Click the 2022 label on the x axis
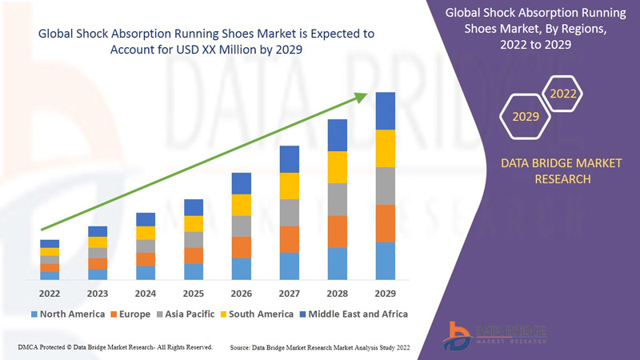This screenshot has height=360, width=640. click(50, 292)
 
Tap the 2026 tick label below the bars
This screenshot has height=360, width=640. click(242, 292)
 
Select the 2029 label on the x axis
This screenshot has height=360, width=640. click(386, 292)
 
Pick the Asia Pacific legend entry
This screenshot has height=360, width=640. click(190, 314)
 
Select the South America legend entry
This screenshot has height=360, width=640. click(258, 314)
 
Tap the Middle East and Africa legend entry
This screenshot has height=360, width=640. click(354, 314)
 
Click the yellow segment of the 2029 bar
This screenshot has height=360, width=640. click(386, 148)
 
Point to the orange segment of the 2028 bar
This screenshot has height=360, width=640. click(338, 231)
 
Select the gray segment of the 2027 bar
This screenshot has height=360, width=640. click(290, 212)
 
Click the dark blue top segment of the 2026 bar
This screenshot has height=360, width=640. click(242, 183)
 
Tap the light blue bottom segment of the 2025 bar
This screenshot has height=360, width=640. click(194, 271)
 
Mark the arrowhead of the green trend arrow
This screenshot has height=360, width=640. click(361, 98)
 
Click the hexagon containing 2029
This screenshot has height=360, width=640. click(526, 117)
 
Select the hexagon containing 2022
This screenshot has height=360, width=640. click(563, 94)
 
